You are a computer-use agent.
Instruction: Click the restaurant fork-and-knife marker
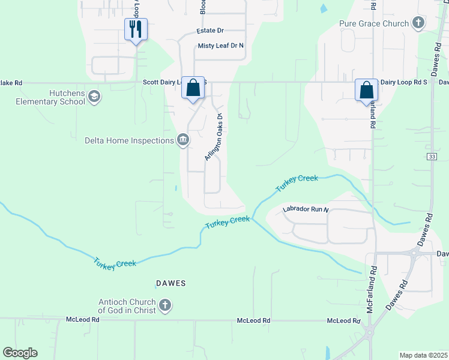click(x=136, y=29)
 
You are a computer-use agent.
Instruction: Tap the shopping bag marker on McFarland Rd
click(x=366, y=90)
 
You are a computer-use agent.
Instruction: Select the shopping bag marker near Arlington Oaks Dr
click(x=193, y=88)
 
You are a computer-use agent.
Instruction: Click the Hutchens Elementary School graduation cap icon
click(x=94, y=96)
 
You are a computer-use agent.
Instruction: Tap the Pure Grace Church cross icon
click(x=418, y=23)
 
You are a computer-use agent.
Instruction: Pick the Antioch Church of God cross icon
click(x=165, y=306)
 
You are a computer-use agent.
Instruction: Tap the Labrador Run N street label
click(x=306, y=209)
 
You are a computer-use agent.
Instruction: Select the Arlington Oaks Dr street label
click(x=213, y=137)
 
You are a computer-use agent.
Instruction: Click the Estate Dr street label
click(x=209, y=30)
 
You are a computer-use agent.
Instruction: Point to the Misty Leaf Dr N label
click(x=221, y=46)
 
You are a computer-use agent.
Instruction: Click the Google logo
click(x=20, y=352)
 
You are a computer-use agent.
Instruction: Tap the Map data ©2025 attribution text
click(x=423, y=355)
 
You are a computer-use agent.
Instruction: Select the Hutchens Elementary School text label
click(x=51, y=97)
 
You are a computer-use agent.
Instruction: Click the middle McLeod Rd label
click(x=253, y=320)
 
